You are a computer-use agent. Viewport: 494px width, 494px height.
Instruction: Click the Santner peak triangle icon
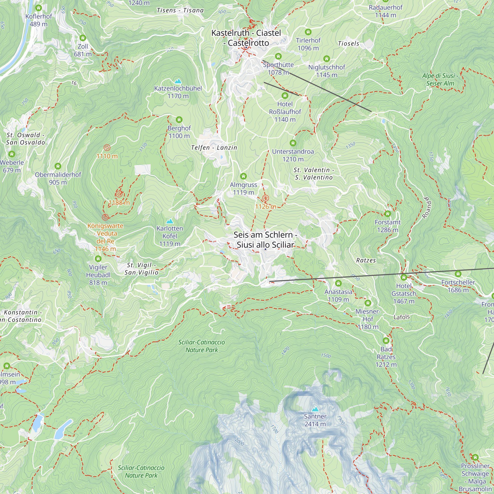[315, 409]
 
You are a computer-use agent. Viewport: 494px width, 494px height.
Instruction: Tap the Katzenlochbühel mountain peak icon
[178, 81]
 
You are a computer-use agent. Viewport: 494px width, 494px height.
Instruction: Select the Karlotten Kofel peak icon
[170, 221]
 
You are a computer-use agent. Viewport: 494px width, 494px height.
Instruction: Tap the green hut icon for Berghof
[179, 120]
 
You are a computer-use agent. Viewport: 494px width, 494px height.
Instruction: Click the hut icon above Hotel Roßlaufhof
[285, 96]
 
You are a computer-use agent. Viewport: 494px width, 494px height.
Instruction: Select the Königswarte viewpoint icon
[105, 217]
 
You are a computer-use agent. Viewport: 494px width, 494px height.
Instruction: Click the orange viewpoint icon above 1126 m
[266, 198]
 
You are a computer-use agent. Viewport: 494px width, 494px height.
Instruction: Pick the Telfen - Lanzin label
[214, 148]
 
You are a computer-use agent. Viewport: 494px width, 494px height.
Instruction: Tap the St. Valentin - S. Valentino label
[314, 174]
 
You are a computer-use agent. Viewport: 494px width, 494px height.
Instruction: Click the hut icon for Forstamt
[388, 213]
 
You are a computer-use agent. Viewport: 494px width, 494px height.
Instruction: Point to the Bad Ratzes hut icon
[386, 341]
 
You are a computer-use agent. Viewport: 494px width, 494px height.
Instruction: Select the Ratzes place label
[366, 261]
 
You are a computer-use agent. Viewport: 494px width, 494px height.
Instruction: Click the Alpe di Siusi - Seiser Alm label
[440, 80]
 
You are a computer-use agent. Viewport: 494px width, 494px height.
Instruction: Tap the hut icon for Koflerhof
[39, 8]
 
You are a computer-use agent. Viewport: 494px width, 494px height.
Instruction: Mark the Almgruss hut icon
[244, 176]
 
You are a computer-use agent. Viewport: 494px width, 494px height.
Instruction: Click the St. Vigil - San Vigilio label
[141, 269]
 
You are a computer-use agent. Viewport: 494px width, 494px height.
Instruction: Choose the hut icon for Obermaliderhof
[58, 166]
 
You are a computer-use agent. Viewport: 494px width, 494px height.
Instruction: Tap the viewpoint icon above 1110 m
[107, 147]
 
